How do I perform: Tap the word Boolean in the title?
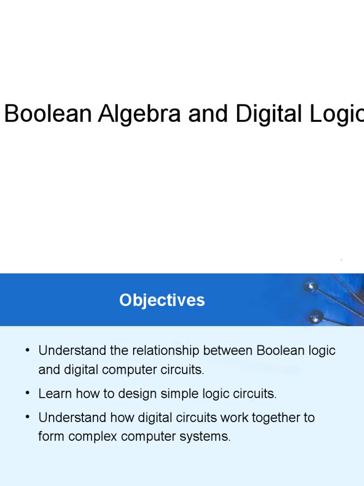pos(47,114)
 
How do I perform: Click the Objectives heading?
pos(162,300)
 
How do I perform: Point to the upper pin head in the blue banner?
pos(310,285)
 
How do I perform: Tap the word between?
pos(228,351)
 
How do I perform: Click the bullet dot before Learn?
pos(28,393)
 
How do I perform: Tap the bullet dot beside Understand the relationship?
pos(28,351)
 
